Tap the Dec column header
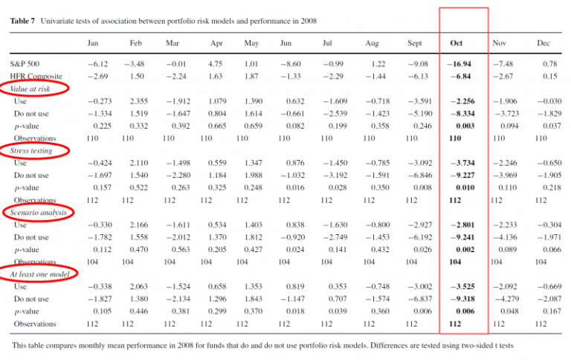click(x=543, y=43)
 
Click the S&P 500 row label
click(x=26, y=65)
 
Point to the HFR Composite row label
click(x=35, y=77)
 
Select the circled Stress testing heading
click(x=33, y=151)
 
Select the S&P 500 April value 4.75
click(x=216, y=65)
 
